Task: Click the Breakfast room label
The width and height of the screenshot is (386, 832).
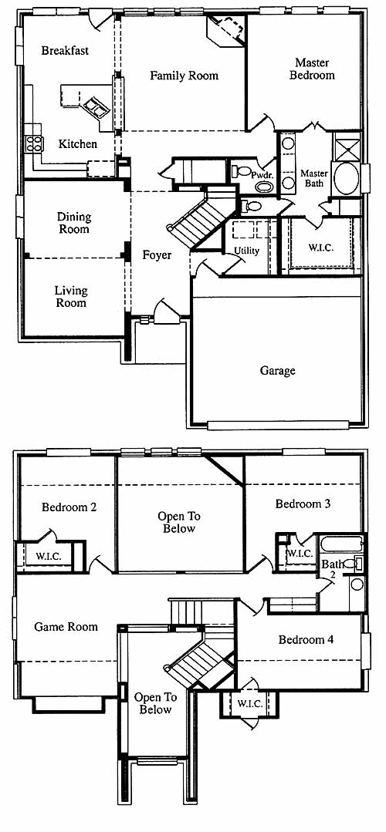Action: pyautogui.click(x=65, y=51)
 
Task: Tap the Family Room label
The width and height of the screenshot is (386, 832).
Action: pyautogui.click(x=184, y=76)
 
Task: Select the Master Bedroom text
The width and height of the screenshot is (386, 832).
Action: pyautogui.click(x=312, y=69)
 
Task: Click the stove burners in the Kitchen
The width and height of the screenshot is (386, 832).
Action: pyautogui.click(x=34, y=143)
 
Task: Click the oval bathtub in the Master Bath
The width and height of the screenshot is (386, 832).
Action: pyautogui.click(x=346, y=178)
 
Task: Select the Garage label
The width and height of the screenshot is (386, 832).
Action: pyautogui.click(x=277, y=371)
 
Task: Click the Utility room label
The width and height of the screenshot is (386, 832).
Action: pyautogui.click(x=246, y=251)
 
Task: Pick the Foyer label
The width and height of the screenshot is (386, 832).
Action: pyautogui.click(x=157, y=255)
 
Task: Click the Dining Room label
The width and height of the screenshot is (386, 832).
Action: pyautogui.click(x=74, y=223)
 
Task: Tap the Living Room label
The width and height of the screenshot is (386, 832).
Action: pyautogui.click(x=71, y=297)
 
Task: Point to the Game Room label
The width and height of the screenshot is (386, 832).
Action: pyautogui.click(x=66, y=627)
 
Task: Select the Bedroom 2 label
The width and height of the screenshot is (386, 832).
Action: pyautogui.click(x=69, y=507)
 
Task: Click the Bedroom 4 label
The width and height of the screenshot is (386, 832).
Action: pyautogui.click(x=306, y=640)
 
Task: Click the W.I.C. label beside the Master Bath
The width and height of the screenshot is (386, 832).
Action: pyautogui.click(x=321, y=248)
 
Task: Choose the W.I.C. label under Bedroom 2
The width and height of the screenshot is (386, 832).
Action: pyautogui.click(x=49, y=557)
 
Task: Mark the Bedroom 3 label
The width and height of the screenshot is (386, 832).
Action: pyautogui.click(x=303, y=504)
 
